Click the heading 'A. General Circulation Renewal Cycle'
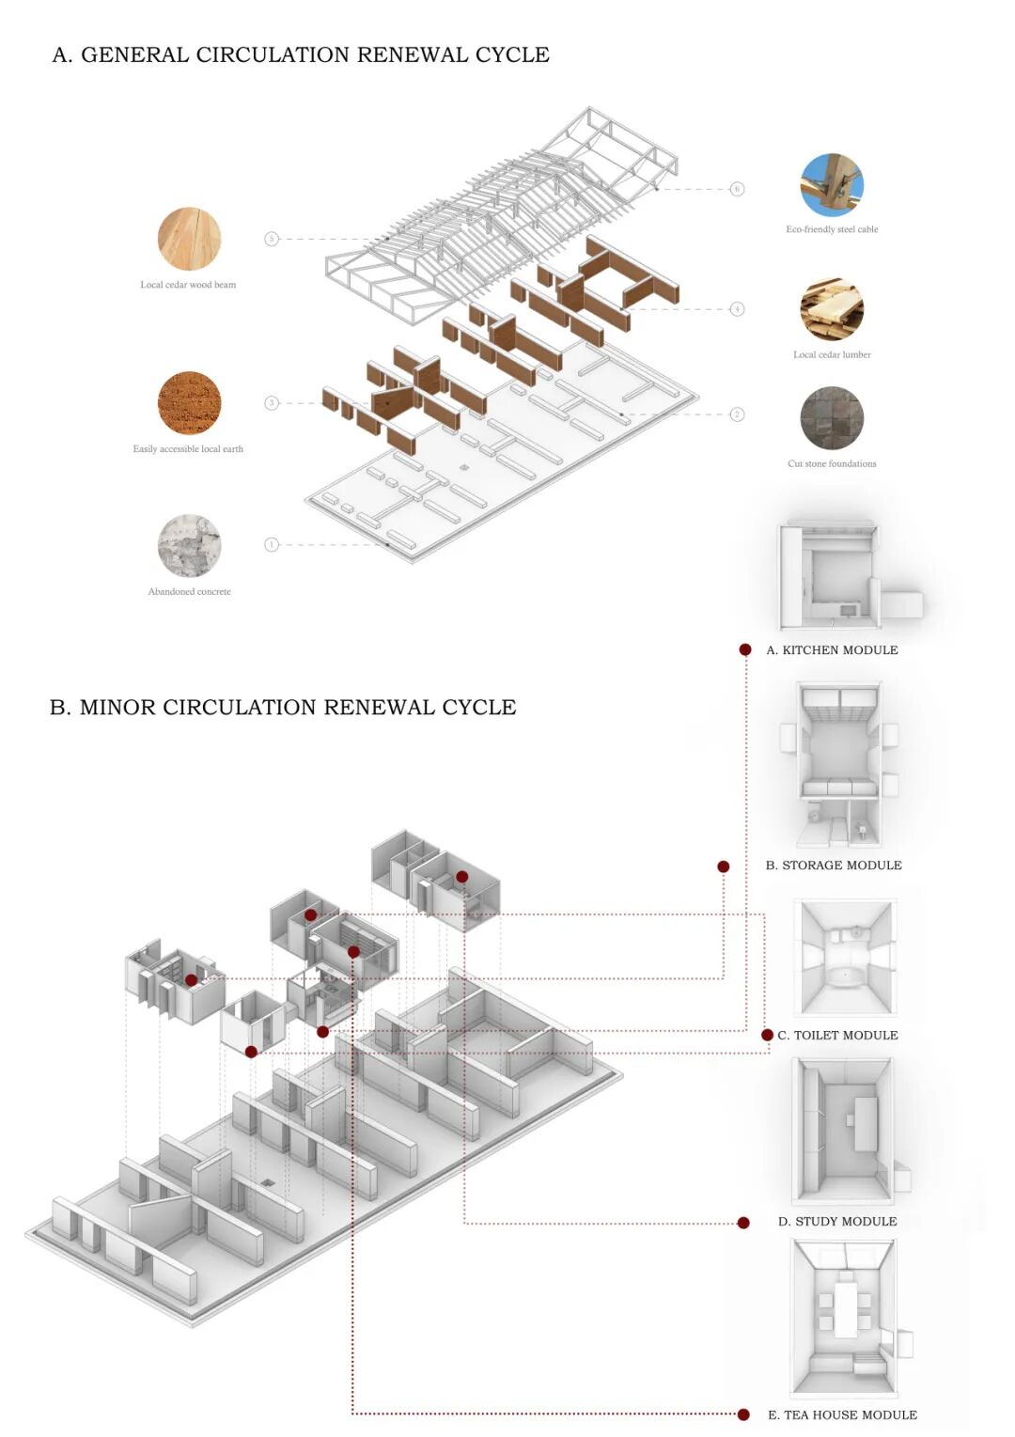coord(301,55)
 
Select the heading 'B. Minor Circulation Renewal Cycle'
coord(283,708)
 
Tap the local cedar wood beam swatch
coord(189,239)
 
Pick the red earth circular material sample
coord(189,403)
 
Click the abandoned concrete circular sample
coord(189,545)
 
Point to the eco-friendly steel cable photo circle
coord(832,185)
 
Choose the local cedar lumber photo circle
coord(832,309)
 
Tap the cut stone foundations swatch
coord(832,418)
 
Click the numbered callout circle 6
coord(737,189)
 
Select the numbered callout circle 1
coord(272,544)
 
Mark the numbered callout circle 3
coord(272,403)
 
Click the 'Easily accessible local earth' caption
coord(188,449)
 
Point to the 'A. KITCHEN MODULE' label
coord(832,650)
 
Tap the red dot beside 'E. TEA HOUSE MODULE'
coord(743,1414)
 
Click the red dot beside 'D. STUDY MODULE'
coord(743,1223)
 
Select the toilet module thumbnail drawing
coord(845,958)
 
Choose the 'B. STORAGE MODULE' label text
coord(834,866)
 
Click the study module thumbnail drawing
coord(844,1130)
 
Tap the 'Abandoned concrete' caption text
coord(189,592)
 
